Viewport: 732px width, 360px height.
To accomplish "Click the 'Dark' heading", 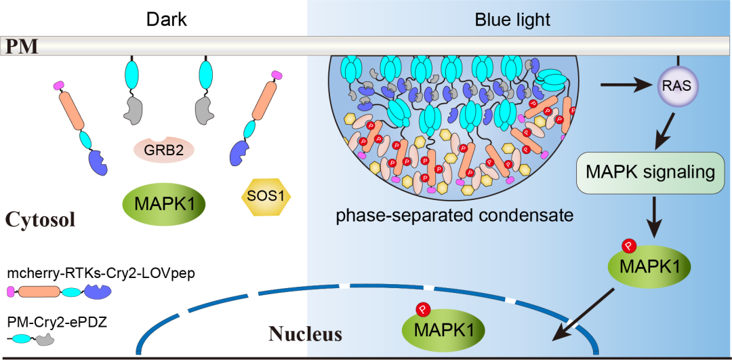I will [x=167, y=20].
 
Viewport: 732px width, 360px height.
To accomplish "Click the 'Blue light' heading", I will [x=512, y=20].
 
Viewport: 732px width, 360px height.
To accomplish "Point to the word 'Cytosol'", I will [x=40, y=219].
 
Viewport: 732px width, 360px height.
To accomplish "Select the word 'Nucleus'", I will [x=305, y=334].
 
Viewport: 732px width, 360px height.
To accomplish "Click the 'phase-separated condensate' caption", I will [x=455, y=216].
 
